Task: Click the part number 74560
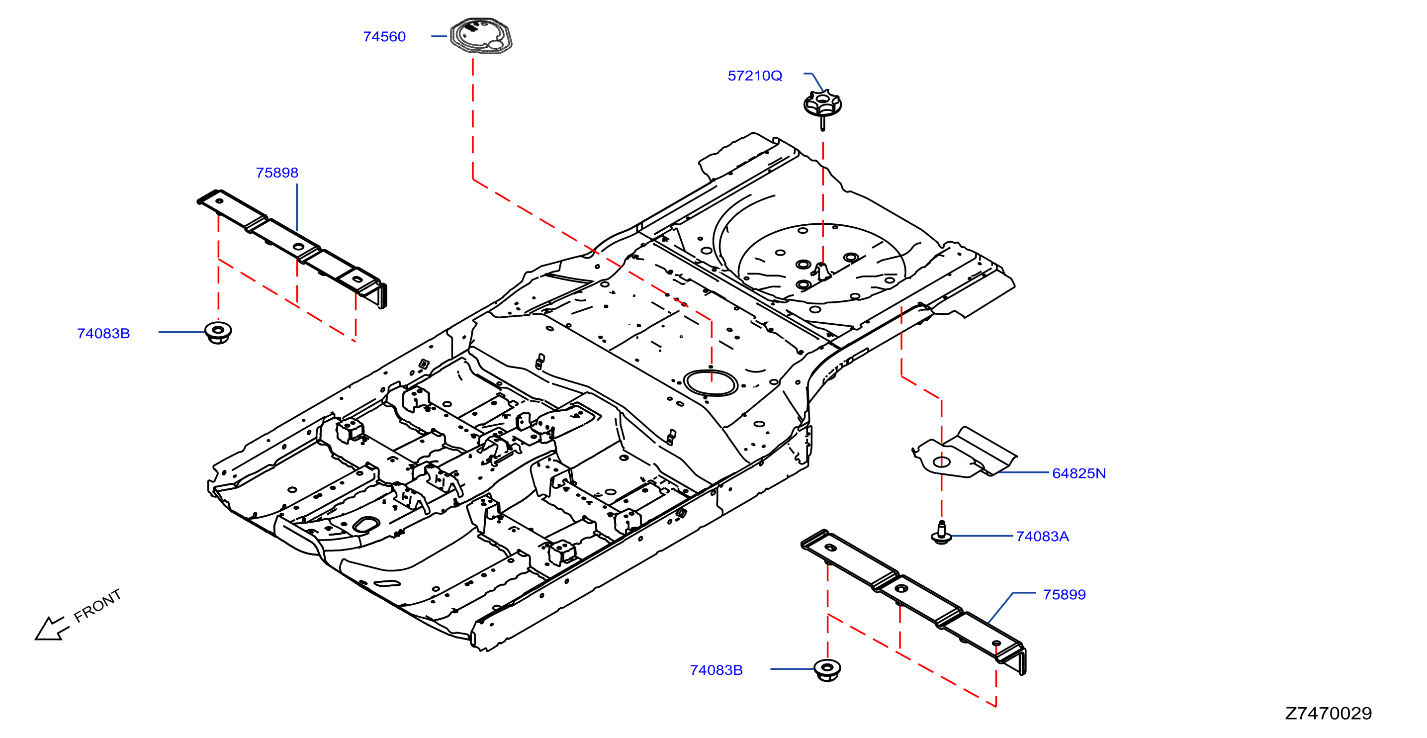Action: coord(384,37)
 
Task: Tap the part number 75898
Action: coord(277,173)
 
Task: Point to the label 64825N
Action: coord(1078,473)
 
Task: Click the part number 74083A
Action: coord(1042,536)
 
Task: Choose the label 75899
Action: coord(1064,594)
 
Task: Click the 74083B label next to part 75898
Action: coord(103,334)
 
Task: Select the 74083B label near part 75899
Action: coord(716,670)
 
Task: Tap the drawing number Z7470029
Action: coord(1329,713)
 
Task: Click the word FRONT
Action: coord(97,606)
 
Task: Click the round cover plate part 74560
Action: coord(481,36)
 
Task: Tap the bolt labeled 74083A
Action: coord(941,533)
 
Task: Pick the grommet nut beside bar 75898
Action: coord(218,332)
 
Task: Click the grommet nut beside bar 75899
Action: coord(828,670)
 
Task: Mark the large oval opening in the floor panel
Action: coord(710,383)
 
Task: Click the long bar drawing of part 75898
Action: coord(292,248)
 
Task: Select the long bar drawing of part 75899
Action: coord(913,601)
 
